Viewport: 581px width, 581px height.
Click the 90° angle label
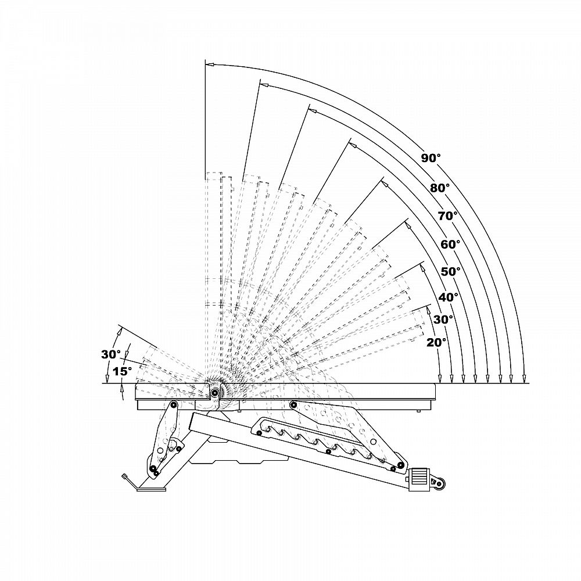[431, 157]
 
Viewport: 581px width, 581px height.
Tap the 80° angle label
[440, 188]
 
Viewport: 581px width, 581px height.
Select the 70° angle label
[447, 216]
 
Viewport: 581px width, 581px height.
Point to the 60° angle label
[450, 244]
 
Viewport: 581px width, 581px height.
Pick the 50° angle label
[451, 271]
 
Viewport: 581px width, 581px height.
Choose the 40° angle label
[449, 297]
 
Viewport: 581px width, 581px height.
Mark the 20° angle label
[436, 342]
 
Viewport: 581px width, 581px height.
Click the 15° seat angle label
[122, 371]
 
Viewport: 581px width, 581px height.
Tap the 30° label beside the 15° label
[111, 354]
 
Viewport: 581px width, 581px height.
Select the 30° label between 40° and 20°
[443, 319]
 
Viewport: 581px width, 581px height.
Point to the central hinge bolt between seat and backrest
[215, 393]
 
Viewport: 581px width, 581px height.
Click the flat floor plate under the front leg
[152, 489]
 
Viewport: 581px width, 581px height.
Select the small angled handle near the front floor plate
[128, 480]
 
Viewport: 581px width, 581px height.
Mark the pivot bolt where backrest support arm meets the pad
[293, 404]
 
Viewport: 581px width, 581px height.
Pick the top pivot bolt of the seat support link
[173, 404]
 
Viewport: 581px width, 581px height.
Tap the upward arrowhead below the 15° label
[123, 388]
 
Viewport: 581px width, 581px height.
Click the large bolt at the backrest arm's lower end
[400, 465]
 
